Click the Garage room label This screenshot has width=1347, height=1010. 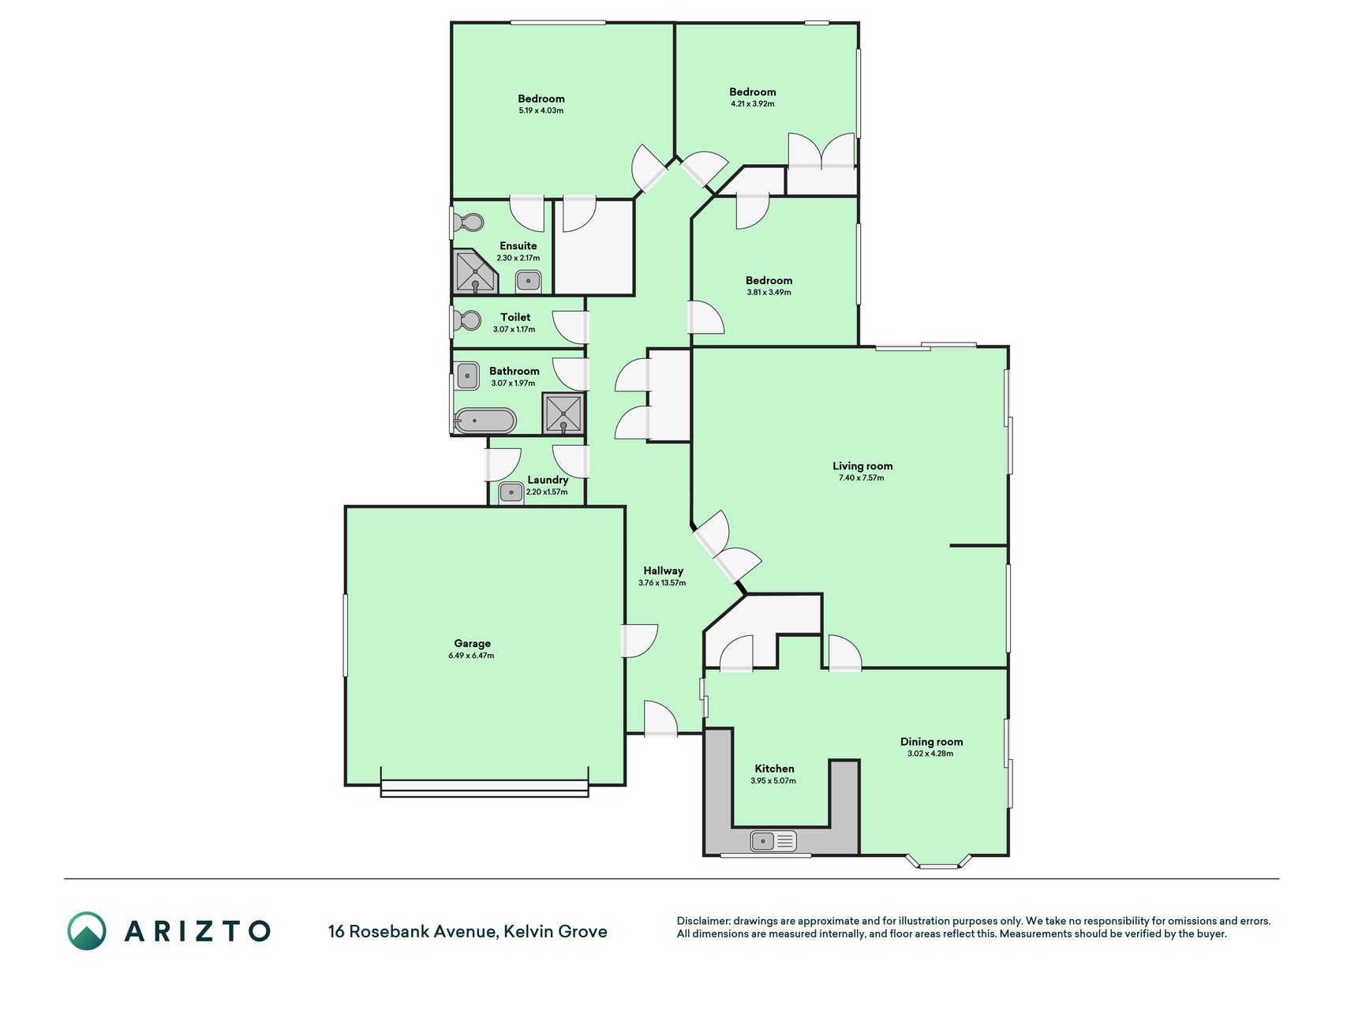coord(472,643)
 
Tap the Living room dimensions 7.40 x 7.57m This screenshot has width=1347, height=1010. coord(862,477)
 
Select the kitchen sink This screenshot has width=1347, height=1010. coord(773,841)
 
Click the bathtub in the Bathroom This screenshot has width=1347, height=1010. coord(485,420)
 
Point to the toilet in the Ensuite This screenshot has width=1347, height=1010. coord(469,223)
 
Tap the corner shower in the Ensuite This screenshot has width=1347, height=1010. coord(476,272)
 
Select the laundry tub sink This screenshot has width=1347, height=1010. coord(511,493)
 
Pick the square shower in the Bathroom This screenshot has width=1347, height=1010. coord(563,413)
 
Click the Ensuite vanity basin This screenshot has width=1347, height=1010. coord(528,281)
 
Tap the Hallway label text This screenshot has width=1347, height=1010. coord(663,570)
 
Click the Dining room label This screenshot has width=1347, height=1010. coord(931,742)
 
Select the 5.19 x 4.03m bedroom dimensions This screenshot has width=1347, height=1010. coord(541,110)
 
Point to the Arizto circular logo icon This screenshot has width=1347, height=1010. coord(87,931)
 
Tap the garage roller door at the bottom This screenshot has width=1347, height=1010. coord(485,787)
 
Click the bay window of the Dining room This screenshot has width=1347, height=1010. coord(939,862)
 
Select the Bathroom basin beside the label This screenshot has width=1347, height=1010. coord(467,376)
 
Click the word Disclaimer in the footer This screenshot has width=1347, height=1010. coord(704,921)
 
